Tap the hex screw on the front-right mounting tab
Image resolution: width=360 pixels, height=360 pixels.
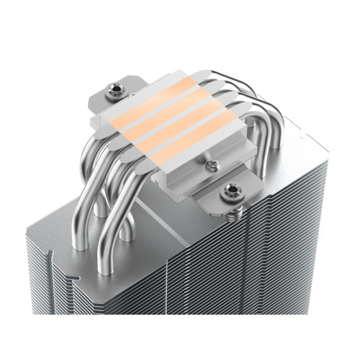pos(231,191)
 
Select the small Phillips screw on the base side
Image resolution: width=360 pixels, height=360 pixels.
pos(211,166)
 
